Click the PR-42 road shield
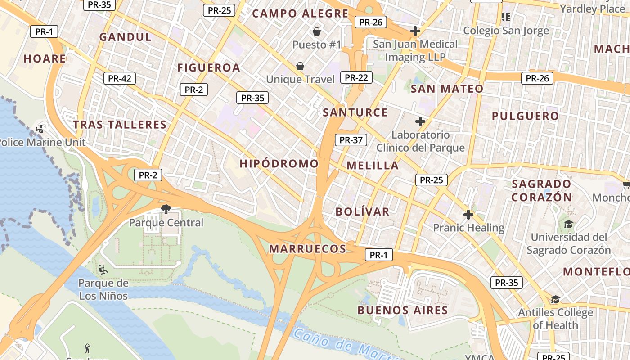point(119,79)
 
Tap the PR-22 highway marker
point(356,78)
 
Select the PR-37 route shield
point(351,140)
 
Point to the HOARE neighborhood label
point(45,58)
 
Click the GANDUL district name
point(126,37)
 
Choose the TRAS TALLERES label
point(120,125)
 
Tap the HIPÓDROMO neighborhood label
point(279,163)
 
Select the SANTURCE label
point(355,112)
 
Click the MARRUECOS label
point(308,249)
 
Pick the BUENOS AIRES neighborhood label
point(403,310)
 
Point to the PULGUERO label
point(525,116)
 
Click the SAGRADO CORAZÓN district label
point(542,190)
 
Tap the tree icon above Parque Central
point(166,208)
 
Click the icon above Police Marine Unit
point(40,129)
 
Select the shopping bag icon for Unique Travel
point(300,67)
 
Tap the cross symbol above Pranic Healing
point(468,215)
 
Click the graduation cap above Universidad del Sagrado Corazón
point(568,224)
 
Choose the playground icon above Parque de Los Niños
point(103,270)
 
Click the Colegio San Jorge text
point(506,31)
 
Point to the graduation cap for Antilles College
point(555,299)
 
